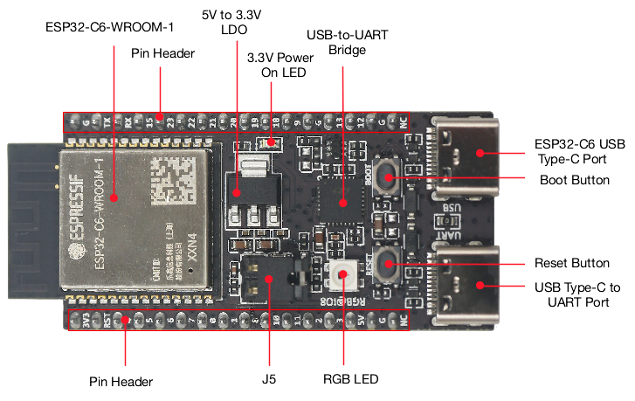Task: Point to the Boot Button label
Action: point(575,180)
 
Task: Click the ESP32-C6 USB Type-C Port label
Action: point(579,150)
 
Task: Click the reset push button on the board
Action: point(387,264)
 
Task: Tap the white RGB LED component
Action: point(342,275)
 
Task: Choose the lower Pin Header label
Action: point(121,381)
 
